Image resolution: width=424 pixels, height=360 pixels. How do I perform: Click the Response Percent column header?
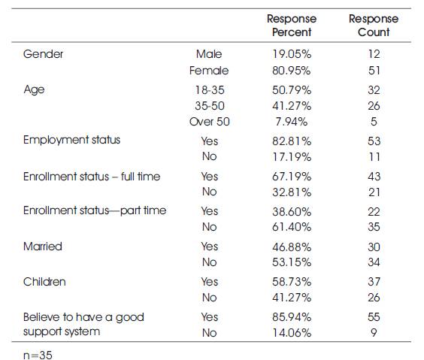tap(292, 26)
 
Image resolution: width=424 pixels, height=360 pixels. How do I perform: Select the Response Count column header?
tap(374, 26)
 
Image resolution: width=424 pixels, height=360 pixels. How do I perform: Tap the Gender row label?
tap(44, 54)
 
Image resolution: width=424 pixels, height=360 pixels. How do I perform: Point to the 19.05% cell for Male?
tap(292, 54)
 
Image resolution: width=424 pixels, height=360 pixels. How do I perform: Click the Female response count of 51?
tap(374, 71)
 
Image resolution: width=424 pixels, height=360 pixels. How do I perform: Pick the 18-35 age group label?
tap(210, 90)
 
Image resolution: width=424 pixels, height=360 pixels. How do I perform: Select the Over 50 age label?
tap(210, 122)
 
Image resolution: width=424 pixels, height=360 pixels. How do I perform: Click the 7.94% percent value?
tap(292, 122)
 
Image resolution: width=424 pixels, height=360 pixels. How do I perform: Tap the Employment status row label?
tap(71, 140)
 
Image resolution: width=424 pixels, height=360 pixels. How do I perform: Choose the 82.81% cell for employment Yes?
tap(292, 141)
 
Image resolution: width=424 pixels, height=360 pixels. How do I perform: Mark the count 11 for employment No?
tap(374, 157)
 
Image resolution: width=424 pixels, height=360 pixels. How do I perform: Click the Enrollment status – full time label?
tap(92, 177)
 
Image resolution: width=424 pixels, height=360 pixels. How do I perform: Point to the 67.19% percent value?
tap(292, 177)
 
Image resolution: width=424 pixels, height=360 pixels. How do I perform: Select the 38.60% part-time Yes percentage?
tap(292, 212)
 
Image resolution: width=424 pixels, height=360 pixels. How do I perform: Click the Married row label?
tap(43, 247)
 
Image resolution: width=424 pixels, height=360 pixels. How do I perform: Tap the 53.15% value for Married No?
tap(292, 262)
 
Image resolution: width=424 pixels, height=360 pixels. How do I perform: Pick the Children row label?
tap(44, 282)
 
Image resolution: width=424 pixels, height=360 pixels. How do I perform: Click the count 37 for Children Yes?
tap(374, 282)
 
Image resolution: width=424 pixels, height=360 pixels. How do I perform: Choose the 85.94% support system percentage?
tap(292, 317)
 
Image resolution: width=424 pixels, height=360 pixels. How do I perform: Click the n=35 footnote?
tap(38, 355)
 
